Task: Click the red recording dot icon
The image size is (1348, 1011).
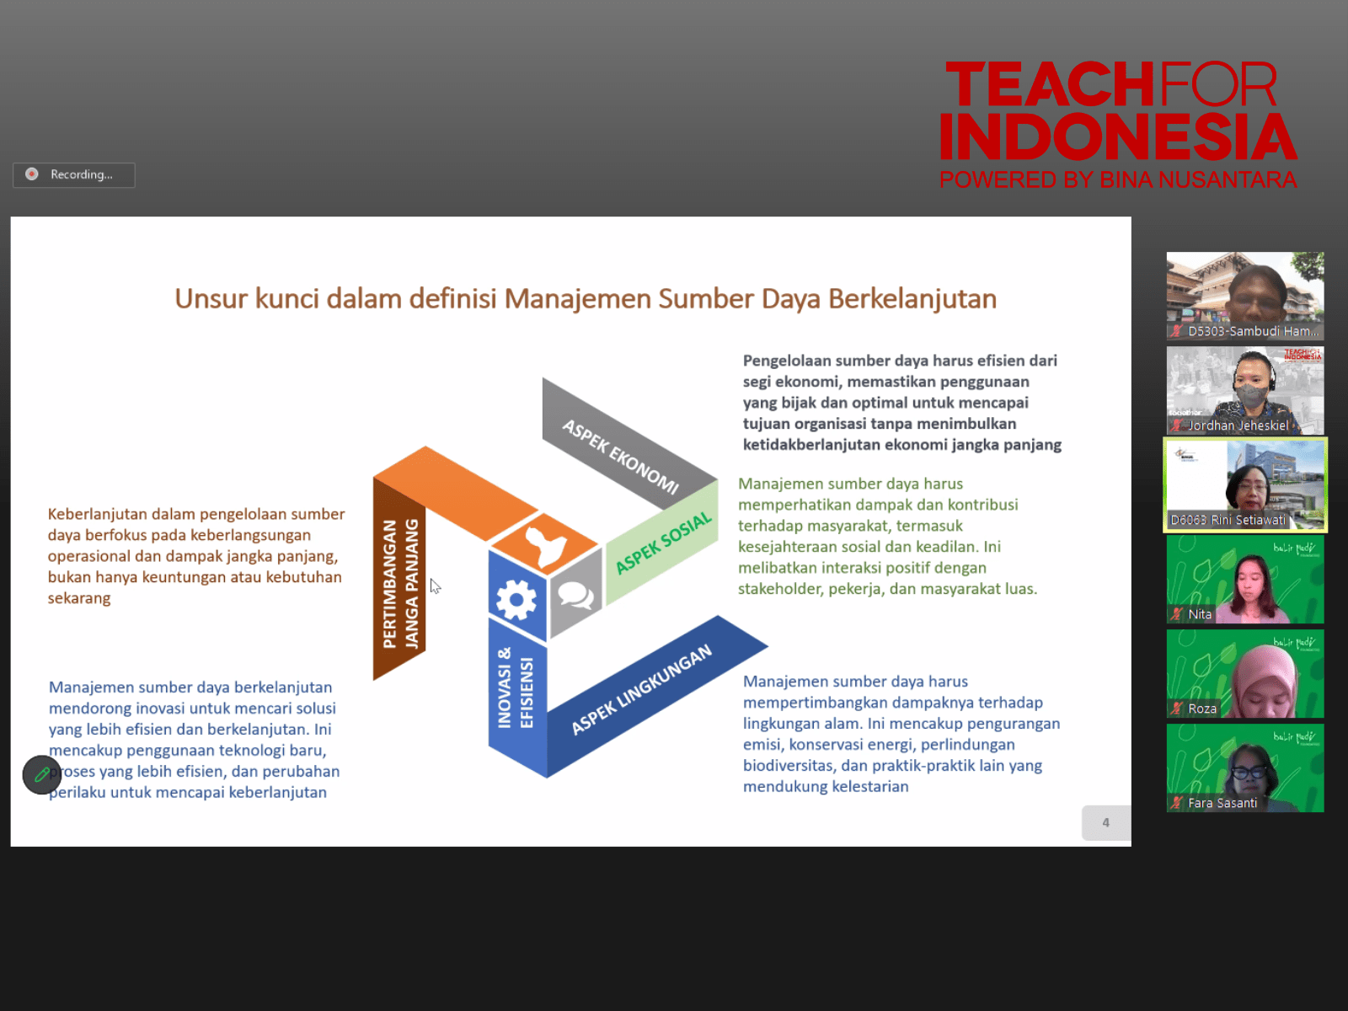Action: pos(32,174)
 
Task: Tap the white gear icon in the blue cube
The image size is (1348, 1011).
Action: pos(516,599)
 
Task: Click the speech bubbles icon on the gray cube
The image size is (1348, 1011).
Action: pos(575,594)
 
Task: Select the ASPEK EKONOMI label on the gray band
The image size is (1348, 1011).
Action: pos(621,457)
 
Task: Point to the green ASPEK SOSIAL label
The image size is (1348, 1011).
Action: pos(664,543)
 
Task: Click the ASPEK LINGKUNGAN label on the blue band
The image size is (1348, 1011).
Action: pos(642,688)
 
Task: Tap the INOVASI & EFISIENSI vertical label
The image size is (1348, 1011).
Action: pos(516,687)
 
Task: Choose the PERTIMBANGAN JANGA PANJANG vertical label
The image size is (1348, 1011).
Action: pos(400,584)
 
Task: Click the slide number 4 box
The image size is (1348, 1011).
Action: pos(1106,822)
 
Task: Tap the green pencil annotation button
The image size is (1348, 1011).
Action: pos(42,774)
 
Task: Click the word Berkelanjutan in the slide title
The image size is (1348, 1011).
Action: pos(912,299)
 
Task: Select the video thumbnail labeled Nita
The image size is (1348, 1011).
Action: pos(1245,580)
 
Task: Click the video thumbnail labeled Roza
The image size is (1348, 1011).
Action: pos(1245,674)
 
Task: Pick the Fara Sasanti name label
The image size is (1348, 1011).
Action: pos(1222,803)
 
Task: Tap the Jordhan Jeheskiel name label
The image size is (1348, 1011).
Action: pos(1238,425)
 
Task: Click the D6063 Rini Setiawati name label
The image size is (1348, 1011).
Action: pos(1228,520)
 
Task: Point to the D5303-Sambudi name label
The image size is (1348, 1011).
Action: pos(1253,331)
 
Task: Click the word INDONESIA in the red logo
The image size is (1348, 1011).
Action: pos(1118,136)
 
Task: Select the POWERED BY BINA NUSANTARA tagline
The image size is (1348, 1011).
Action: pos(1118,179)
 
